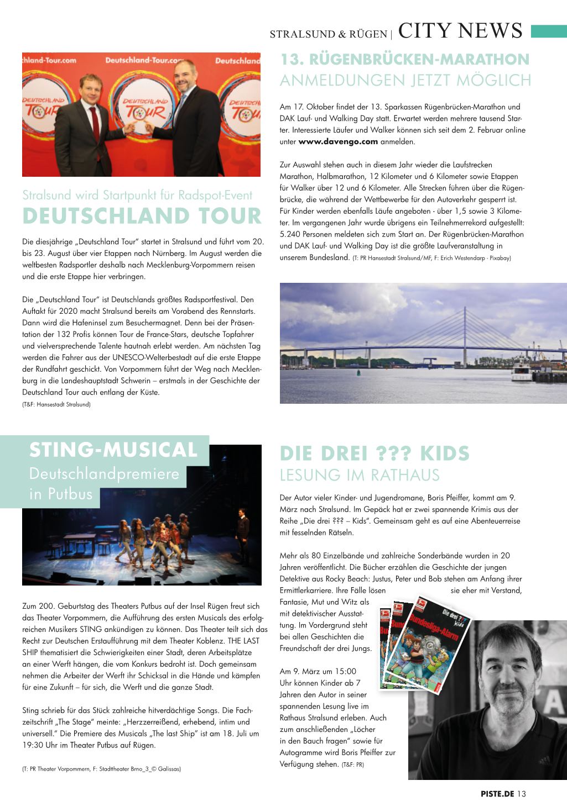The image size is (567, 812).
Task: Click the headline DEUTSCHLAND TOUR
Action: (x=142, y=216)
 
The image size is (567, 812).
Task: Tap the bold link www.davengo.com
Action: (x=338, y=141)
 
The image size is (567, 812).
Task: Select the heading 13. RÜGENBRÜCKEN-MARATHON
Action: (x=405, y=59)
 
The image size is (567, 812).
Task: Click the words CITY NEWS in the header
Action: (x=460, y=31)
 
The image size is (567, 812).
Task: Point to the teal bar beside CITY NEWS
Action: (x=548, y=31)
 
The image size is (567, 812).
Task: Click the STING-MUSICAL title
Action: (x=113, y=450)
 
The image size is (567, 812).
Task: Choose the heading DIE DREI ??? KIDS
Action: (x=374, y=453)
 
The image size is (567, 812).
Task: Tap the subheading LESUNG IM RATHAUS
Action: (x=360, y=475)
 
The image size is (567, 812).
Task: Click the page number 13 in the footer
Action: (x=522, y=794)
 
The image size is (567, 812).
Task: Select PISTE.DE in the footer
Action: (x=497, y=794)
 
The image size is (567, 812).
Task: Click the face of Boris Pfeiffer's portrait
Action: (x=504, y=665)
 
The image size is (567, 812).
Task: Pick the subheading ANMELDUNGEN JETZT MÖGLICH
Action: (x=405, y=81)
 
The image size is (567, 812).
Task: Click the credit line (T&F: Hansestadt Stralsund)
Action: (x=56, y=404)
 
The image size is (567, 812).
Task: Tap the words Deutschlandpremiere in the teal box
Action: (x=104, y=473)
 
